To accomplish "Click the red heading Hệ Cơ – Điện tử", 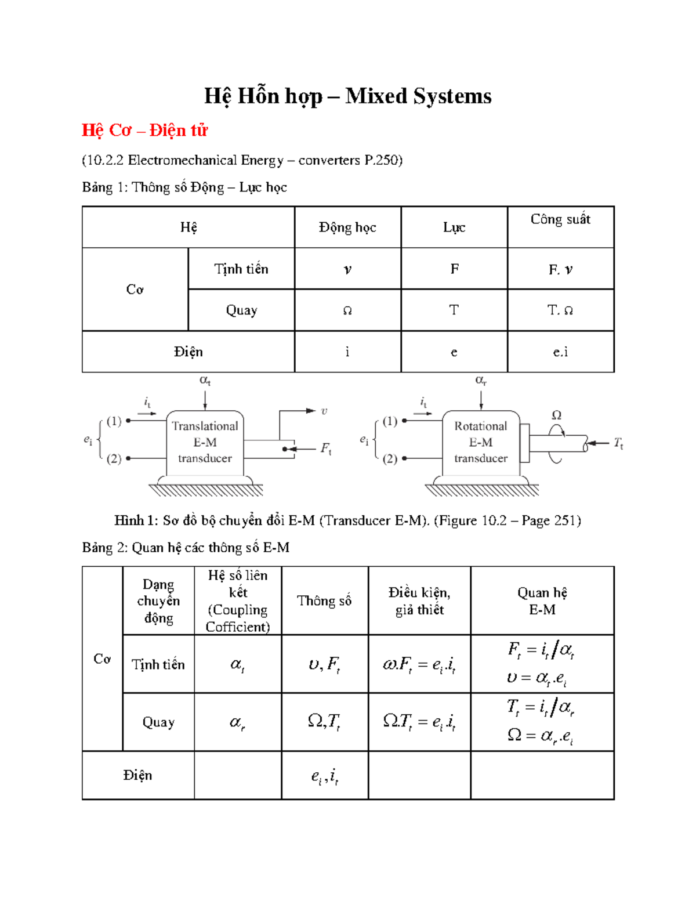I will click(x=144, y=130).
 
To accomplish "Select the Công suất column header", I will click(x=560, y=219).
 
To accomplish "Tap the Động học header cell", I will click(x=347, y=227).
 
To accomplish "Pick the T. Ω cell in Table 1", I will click(x=560, y=310).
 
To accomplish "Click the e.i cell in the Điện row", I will click(x=560, y=352).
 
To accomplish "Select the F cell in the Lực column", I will click(x=454, y=269).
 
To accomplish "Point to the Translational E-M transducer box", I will click(x=205, y=442).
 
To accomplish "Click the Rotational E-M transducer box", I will click(x=480, y=442).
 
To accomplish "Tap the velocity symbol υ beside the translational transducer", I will click(x=324, y=411).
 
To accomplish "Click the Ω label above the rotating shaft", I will click(x=556, y=415).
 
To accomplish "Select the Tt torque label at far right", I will click(x=619, y=444).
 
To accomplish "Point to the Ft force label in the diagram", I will click(x=326, y=448).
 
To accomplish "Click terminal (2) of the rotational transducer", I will click(x=390, y=458).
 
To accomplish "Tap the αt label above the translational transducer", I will click(x=205, y=381).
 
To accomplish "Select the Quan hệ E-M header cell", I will click(x=542, y=600).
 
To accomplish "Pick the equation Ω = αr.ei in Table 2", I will click(x=541, y=736).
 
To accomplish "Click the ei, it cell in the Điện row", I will click(x=325, y=776).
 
